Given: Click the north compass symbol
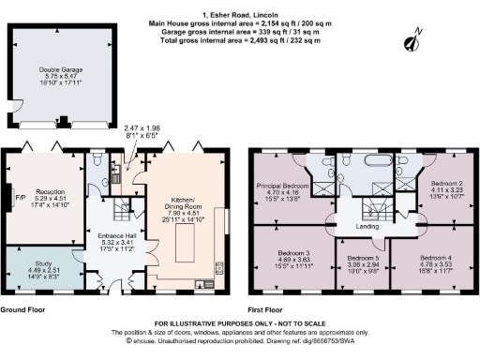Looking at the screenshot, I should click(x=411, y=42).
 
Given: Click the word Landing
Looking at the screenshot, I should click(x=367, y=225).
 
